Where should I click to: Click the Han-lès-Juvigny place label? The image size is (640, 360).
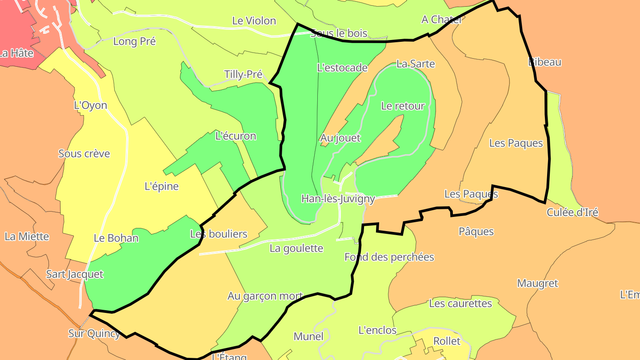point(338,199)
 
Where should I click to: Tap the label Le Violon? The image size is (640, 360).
point(254,21)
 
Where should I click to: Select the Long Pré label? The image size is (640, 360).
point(135,41)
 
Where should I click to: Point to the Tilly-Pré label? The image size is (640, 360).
point(243,74)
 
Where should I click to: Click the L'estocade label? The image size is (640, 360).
point(342,68)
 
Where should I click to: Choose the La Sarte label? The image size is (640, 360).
point(416,64)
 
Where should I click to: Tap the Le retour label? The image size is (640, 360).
point(403,106)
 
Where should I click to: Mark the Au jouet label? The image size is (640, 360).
point(340,138)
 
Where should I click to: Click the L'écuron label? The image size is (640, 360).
point(236,136)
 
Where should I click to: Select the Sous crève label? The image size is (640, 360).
point(84,154)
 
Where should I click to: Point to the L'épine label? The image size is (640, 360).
point(162,186)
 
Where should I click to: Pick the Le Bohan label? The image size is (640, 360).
point(116,238)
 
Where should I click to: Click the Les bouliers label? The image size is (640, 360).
point(219,234)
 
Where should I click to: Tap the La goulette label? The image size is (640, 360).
point(296,248)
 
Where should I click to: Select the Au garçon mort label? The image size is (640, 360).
point(265,296)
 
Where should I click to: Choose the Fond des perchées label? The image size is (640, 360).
point(389,257)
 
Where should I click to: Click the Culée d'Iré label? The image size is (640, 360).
point(572,212)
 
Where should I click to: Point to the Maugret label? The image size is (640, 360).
point(537,283)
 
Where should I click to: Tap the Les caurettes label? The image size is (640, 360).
point(460,304)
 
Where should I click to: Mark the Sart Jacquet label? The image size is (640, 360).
point(75,274)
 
